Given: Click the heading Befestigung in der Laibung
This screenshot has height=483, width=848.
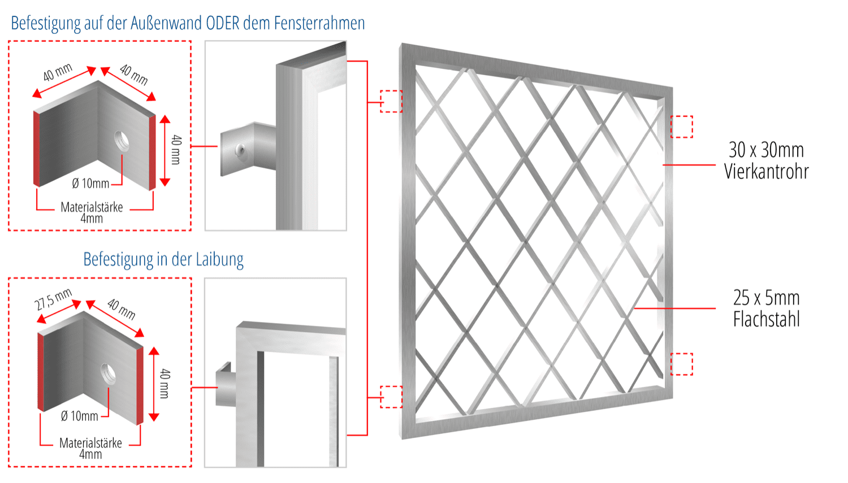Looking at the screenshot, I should (163, 259).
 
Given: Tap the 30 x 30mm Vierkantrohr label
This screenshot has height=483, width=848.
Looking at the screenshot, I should (766, 160).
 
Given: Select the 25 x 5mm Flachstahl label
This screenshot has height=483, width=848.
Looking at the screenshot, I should (766, 308).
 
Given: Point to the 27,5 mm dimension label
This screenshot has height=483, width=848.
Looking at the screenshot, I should (54, 299).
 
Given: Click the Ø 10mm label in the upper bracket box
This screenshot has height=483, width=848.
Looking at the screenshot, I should (90, 184).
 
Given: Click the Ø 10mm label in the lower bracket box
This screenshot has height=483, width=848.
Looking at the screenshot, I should (79, 416).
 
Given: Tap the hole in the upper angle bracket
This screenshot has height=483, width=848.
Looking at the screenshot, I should (122, 141).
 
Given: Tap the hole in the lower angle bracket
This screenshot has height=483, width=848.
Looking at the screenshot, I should (108, 373).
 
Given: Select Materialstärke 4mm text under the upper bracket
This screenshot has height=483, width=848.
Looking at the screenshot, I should (92, 212).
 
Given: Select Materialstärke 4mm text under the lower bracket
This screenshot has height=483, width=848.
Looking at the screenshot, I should (90, 449).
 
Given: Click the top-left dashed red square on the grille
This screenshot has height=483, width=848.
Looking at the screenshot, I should (391, 101).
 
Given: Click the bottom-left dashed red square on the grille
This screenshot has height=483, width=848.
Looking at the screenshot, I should (391, 397).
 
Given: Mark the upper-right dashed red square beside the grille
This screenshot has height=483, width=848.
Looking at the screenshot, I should (681, 127).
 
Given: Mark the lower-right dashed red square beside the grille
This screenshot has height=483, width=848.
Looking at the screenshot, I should (681, 364).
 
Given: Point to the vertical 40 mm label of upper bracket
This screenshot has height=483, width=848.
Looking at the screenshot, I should (176, 150).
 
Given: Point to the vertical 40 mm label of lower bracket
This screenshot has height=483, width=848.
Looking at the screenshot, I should (165, 384).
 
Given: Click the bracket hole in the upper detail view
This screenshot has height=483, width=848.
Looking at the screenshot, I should (241, 150).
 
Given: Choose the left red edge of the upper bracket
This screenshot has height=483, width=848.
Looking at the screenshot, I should (37, 149).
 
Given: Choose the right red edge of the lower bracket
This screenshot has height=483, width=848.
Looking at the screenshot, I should (140, 385).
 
